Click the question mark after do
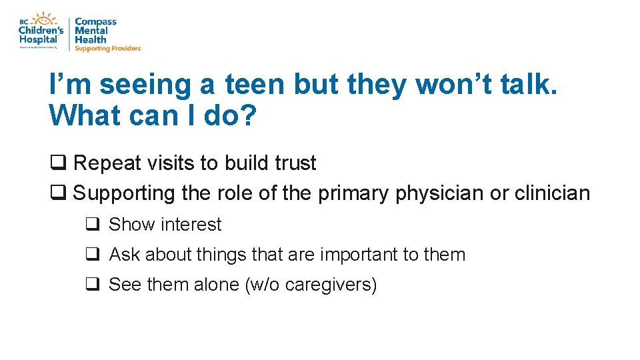point(247,115)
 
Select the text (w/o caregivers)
point(311,285)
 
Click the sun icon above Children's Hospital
point(45,18)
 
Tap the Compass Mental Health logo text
point(95,31)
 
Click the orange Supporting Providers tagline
point(107,49)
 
